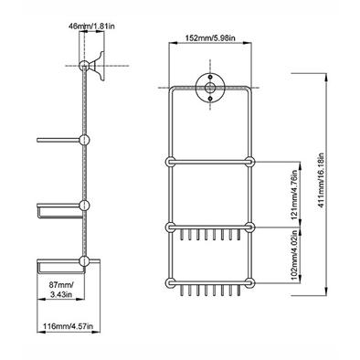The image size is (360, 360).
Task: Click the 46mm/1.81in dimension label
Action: pyautogui.click(x=92, y=26)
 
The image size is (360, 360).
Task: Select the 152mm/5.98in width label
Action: pyautogui.click(x=211, y=37)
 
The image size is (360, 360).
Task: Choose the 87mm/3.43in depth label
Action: pyautogui.click(x=61, y=290)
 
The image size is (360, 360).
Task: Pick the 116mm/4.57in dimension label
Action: pyautogui.click(x=69, y=326)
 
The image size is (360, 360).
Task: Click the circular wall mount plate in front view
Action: pyautogui.click(x=210, y=88)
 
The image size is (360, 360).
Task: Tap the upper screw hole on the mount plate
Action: pyautogui.click(x=210, y=77)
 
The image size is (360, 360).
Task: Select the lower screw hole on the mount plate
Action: pyautogui.click(x=210, y=99)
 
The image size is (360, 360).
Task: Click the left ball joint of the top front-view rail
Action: pyautogui.click(x=170, y=162)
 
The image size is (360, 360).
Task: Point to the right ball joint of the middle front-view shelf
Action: pyautogui.click(x=249, y=228)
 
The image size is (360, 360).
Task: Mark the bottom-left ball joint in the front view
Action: pyautogui.click(x=170, y=282)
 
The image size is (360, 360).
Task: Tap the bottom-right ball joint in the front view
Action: pyautogui.click(x=249, y=282)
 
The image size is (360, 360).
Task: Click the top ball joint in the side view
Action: pyautogui.click(x=84, y=66)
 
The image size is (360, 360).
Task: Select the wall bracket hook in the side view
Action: pyautogui.click(x=98, y=65)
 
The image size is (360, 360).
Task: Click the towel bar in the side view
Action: pyautogui.click(x=58, y=140)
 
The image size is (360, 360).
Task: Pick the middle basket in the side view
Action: pyautogui.click(x=59, y=210)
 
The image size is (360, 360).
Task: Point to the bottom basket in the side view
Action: pyautogui.click(x=60, y=266)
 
